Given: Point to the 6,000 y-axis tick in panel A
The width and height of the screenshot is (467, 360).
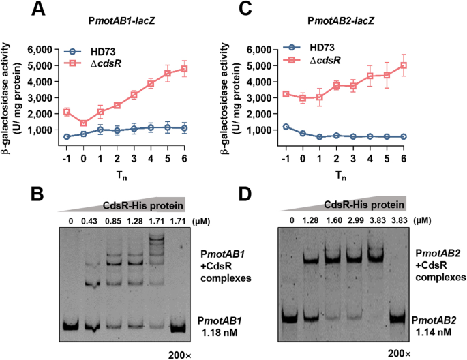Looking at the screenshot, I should (40, 50).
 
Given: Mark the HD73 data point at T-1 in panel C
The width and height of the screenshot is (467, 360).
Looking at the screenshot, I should (286, 127).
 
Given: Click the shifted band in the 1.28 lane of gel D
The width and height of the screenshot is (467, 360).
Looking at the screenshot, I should (312, 258).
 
